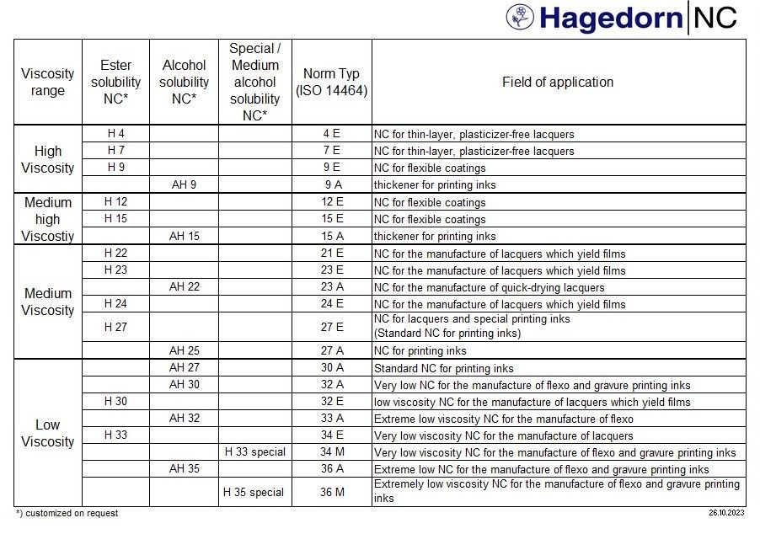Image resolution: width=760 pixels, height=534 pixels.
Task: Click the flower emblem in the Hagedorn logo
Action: click(520, 17)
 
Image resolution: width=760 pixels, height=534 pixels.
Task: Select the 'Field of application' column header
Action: click(558, 83)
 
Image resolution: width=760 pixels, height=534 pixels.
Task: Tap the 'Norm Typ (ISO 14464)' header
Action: click(332, 83)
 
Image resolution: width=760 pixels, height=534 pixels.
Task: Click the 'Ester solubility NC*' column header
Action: click(116, 83)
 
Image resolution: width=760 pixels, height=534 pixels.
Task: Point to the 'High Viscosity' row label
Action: click(48, 160)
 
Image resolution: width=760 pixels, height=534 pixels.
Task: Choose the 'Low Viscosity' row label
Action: click(48, 433)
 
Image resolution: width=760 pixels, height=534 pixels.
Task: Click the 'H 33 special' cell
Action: click(255, 452)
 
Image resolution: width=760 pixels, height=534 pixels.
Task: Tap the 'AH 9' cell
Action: click(184, 184)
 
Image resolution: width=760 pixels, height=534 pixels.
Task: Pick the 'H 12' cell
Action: click(116, 202)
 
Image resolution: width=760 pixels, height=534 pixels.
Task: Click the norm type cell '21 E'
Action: click(332, 254)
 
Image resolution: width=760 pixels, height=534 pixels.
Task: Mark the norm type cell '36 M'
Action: click(332, 492)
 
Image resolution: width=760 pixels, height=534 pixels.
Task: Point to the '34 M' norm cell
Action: click(332, 452)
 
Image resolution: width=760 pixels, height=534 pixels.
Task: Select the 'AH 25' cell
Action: click(184, 350)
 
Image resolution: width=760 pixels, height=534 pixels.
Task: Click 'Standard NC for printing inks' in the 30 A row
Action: click(444, 368)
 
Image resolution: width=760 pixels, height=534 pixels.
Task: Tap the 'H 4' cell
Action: click(116, 134)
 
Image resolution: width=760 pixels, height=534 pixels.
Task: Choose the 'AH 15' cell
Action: click(184, 236)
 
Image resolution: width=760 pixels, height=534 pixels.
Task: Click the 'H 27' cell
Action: click(116, 327)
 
